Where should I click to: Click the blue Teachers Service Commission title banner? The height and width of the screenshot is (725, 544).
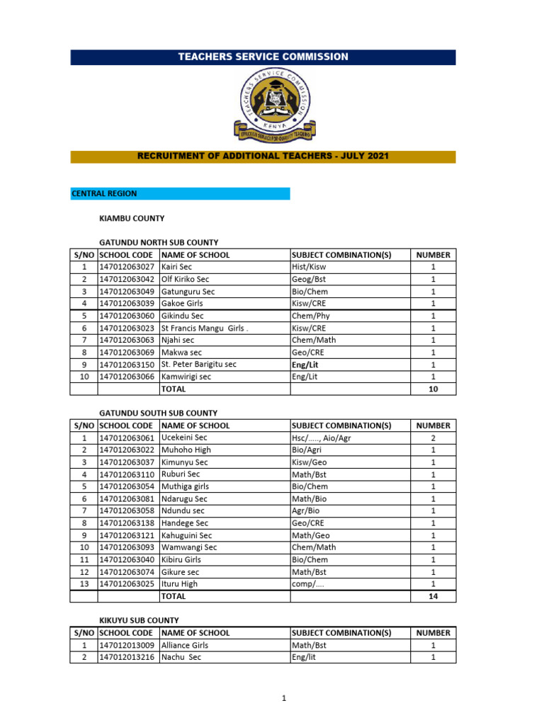coord(263,57)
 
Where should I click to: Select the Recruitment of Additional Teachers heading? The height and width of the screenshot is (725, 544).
coord(263,156)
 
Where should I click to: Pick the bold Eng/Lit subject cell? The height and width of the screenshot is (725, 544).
coord(305,365)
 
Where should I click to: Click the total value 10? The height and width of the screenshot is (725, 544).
coord(433,389)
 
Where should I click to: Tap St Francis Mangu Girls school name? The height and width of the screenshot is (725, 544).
coord(204,328)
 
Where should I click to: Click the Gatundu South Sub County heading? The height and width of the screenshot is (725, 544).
coord(158,413)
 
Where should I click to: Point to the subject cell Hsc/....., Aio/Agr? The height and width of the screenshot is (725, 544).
coord(321,438)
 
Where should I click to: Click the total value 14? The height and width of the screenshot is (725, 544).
coord(433,596)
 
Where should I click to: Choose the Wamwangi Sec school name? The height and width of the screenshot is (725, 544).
coord(189,547)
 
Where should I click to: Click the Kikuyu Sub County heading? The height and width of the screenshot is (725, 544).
coord(139,620)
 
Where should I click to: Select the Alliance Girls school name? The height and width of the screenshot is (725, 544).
coord(184,645)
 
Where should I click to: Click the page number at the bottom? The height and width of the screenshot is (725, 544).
coord(283,699)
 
